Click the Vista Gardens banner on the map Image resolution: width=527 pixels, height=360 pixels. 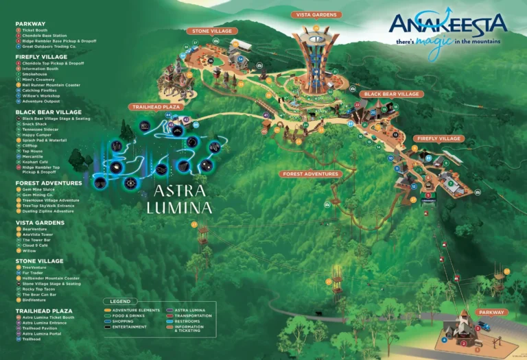point(316,14)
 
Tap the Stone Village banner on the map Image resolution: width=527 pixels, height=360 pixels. point(212,31)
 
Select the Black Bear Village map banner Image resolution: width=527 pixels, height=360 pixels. point(390,94)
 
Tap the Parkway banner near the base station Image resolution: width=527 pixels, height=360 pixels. point(491,312)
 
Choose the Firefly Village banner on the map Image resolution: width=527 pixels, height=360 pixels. point(439,139)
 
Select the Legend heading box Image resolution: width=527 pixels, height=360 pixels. point(120,301)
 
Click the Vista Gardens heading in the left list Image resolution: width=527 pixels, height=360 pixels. point(40,223)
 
